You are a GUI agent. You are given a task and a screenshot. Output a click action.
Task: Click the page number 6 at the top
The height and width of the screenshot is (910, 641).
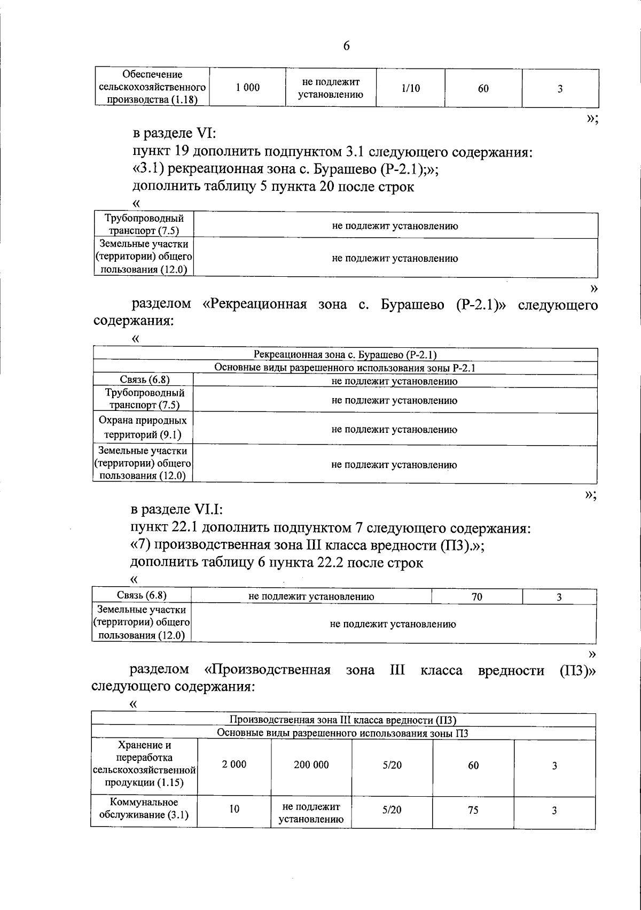[x=346, y=46]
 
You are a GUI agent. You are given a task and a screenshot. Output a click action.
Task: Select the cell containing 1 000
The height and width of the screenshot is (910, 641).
[x=247, y=88]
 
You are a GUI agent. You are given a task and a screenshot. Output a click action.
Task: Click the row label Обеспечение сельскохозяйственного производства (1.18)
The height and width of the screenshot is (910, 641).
[x=152, y=88]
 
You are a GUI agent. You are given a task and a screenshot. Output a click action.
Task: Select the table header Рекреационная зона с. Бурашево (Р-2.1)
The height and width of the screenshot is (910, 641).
[x=345, y=355]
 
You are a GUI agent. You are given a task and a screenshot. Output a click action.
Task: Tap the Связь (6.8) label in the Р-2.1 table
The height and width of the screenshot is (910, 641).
[x=143, y=380]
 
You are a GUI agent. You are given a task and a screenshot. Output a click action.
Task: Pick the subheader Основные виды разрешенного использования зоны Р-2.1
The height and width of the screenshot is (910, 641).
[x=345, y=368]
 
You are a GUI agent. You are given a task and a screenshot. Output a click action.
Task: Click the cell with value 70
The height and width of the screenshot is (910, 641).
[x=476, y=597]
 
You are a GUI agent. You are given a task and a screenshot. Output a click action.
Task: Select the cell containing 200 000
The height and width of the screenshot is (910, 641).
[x=311, y=765]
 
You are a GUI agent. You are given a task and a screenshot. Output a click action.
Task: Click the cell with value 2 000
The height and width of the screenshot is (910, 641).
[x=234, y=765]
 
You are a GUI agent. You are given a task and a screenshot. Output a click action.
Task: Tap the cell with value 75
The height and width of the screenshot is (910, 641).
[x=473, y=810]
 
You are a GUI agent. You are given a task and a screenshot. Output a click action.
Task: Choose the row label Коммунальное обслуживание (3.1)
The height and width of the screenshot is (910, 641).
[x=144, y=809]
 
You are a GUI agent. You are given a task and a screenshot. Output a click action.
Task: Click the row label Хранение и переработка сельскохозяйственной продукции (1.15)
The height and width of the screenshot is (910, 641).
[x=144, y=764]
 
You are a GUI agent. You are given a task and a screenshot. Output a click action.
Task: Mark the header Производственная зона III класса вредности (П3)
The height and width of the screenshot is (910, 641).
[x=343, y=719]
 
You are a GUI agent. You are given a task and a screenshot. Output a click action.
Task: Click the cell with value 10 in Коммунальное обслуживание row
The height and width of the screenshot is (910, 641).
[x=234, y=809]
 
